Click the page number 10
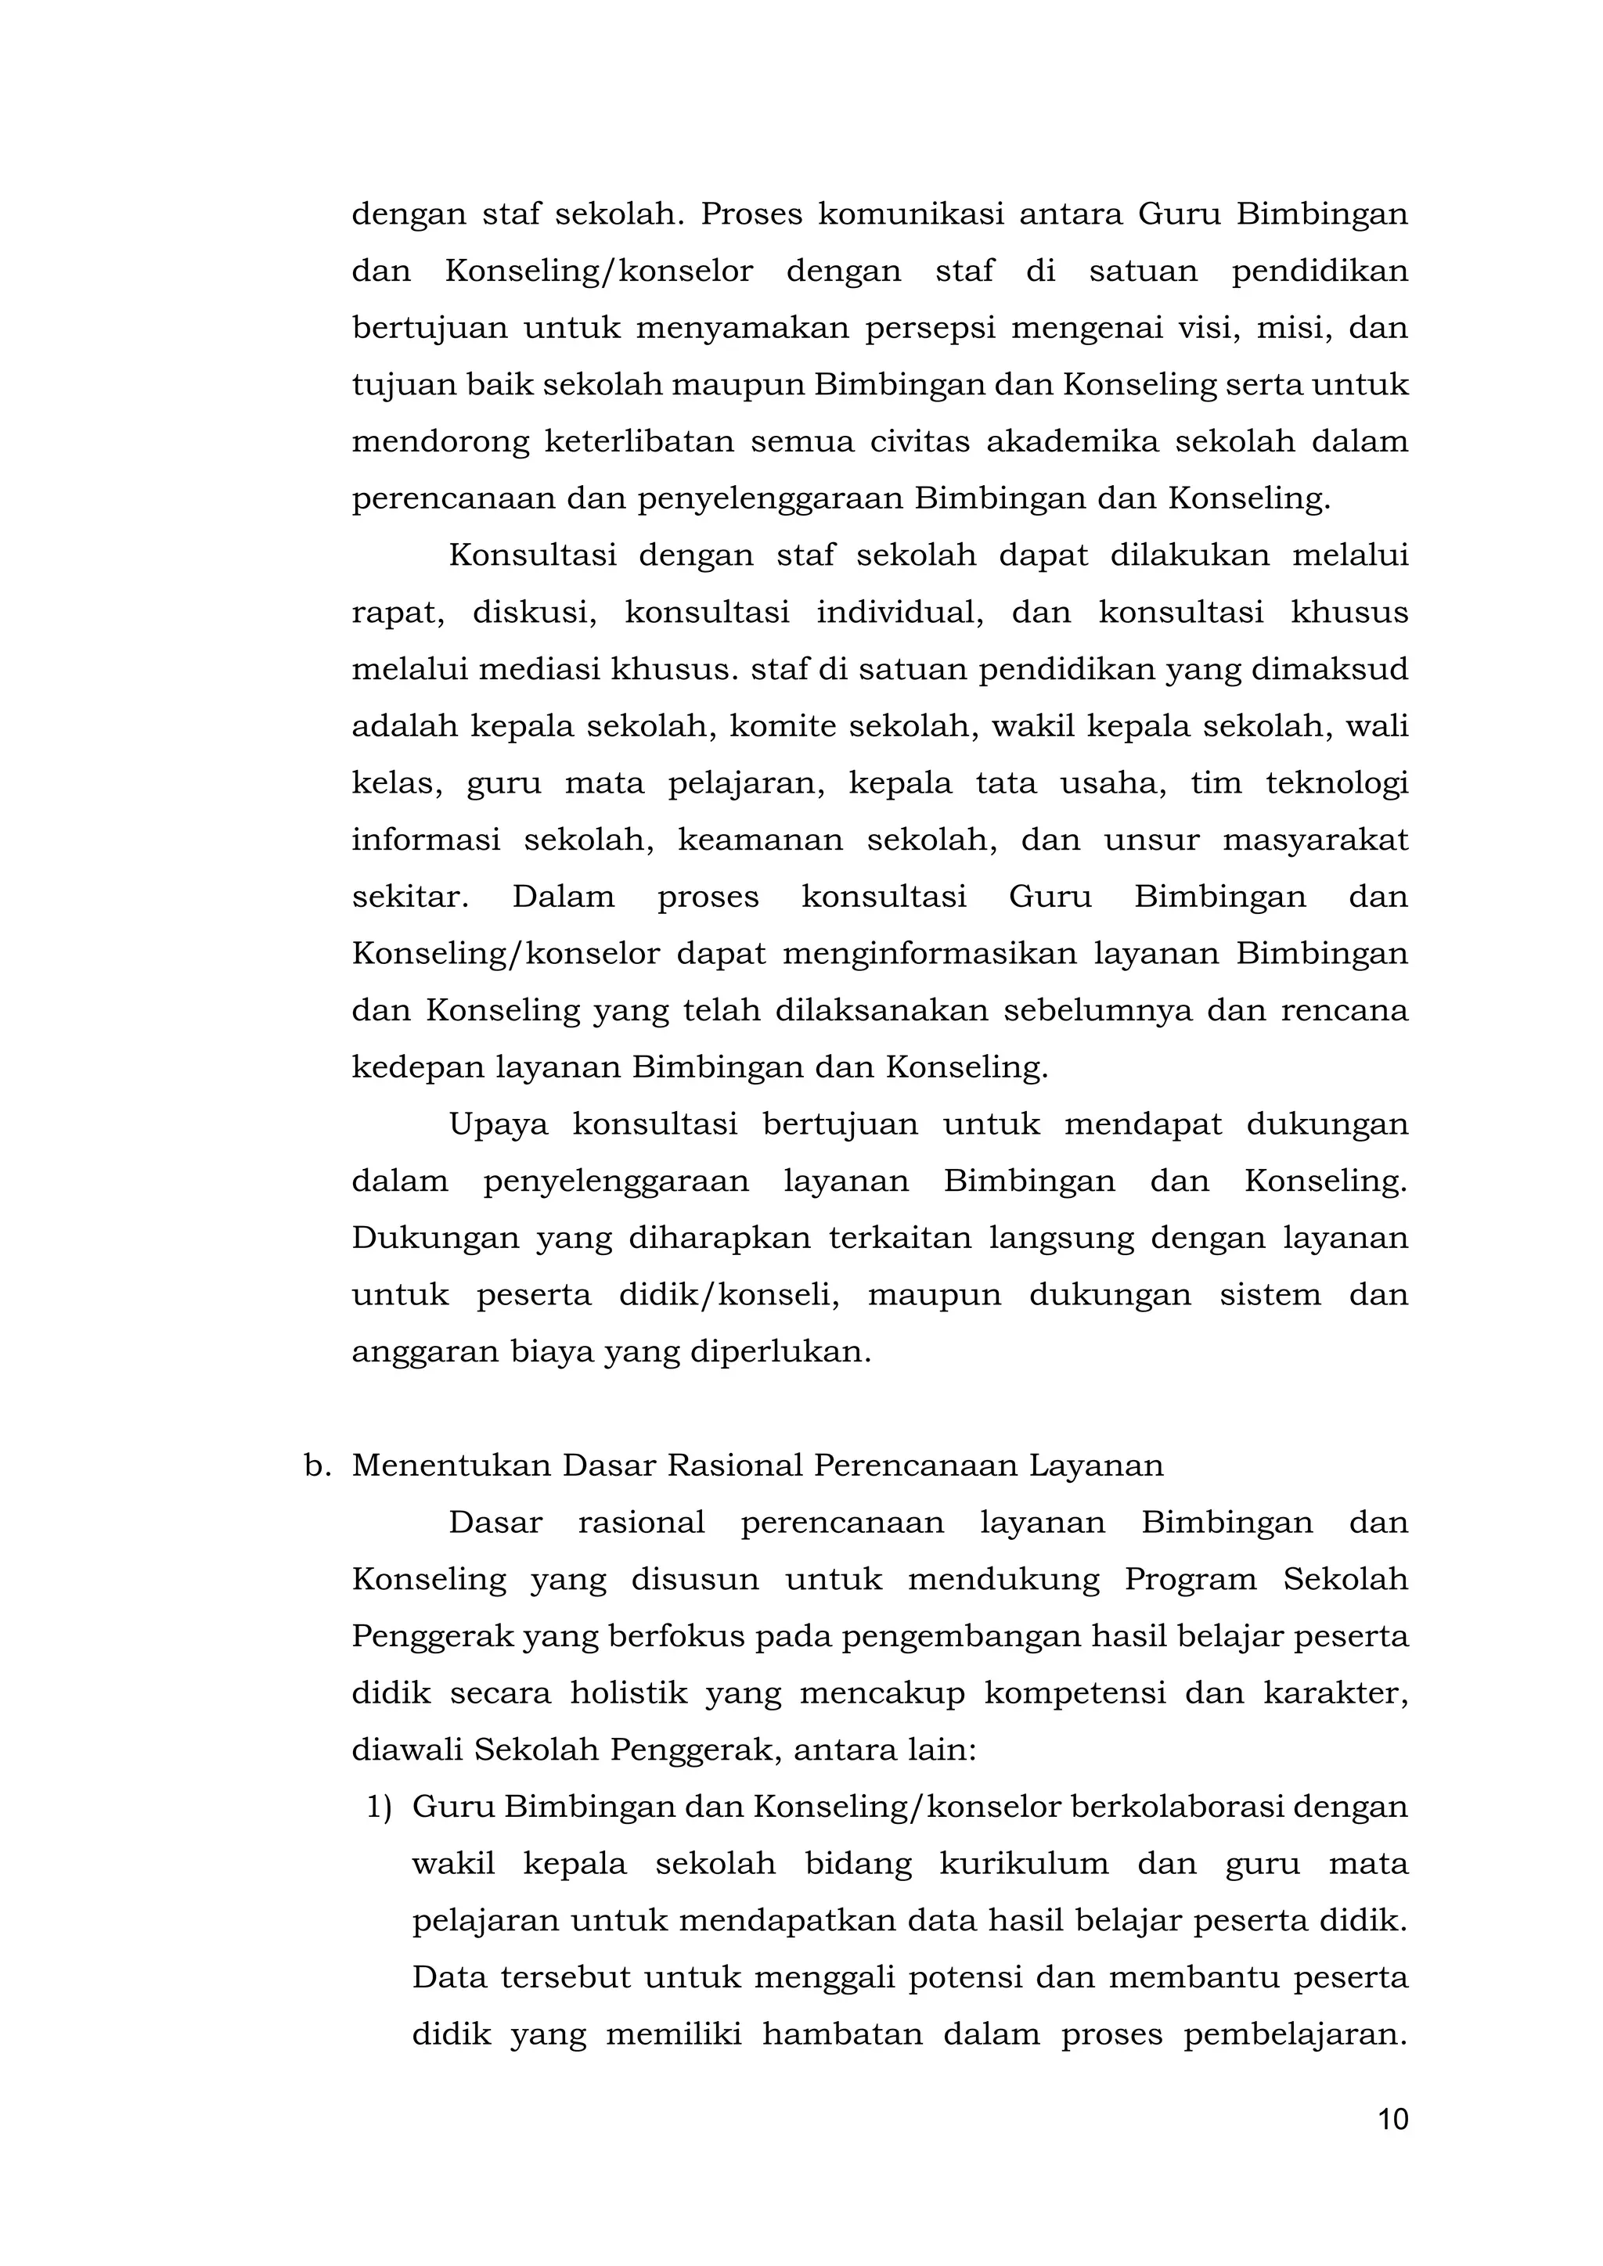pos(1392,2119)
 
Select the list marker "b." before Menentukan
pos(316,1466)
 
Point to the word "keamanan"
pos(760,840)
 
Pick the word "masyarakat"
pos(1315,840)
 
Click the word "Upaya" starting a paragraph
pos(499,1125)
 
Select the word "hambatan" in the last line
pos(842,2035)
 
